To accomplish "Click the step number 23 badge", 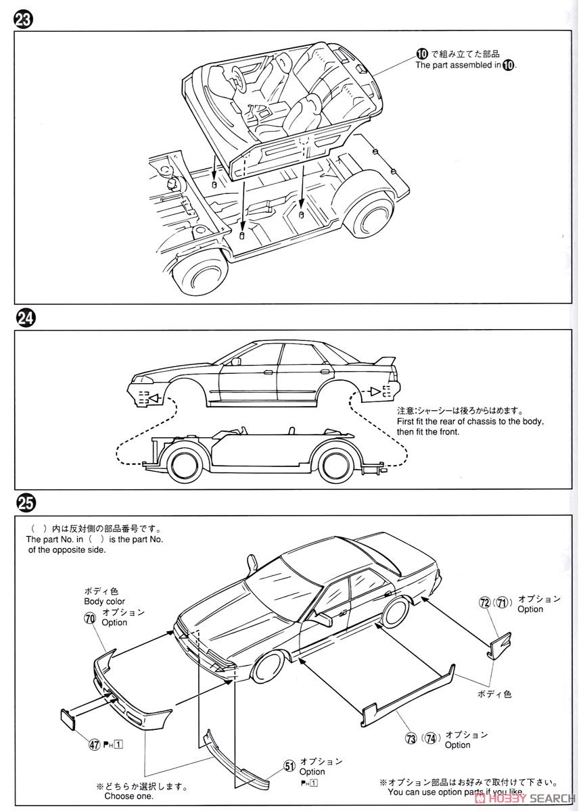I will [x=22, y=20].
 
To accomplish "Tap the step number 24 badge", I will [x=23, y=318].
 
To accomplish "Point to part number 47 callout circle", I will [x=93, y=745].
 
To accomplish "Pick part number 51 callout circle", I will [x=289, y=766].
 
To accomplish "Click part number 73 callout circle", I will [x=411, y=739].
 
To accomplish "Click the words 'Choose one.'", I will [x=129, y=796].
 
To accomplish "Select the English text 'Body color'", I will [x=104, y=601].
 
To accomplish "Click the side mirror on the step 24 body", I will [x=236, y=362].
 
